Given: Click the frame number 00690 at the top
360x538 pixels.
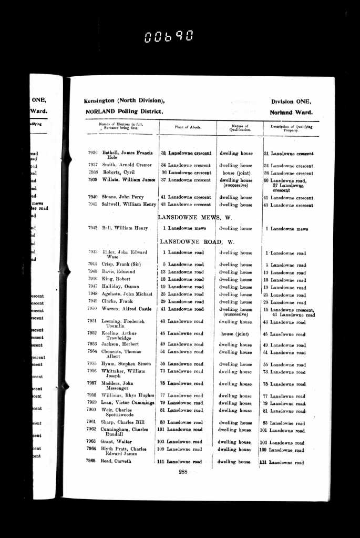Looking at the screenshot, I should tap(169, 36).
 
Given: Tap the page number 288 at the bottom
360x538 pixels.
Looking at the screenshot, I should tap(182, 472).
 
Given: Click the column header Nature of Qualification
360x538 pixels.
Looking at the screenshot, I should tap(240, 127).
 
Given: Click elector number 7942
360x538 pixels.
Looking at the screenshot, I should tap(92, 228).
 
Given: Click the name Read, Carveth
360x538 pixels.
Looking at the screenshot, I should tap(116, 461).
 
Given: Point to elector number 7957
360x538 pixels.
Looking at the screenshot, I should tap(92, 383).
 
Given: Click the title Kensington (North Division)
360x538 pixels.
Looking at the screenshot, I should tap(124, 101).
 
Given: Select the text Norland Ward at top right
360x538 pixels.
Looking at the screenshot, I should tap(291, 113).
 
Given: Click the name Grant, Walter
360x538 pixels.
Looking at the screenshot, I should tap(117, 441).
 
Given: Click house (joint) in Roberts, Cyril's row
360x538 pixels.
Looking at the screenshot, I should tap(235, 172).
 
